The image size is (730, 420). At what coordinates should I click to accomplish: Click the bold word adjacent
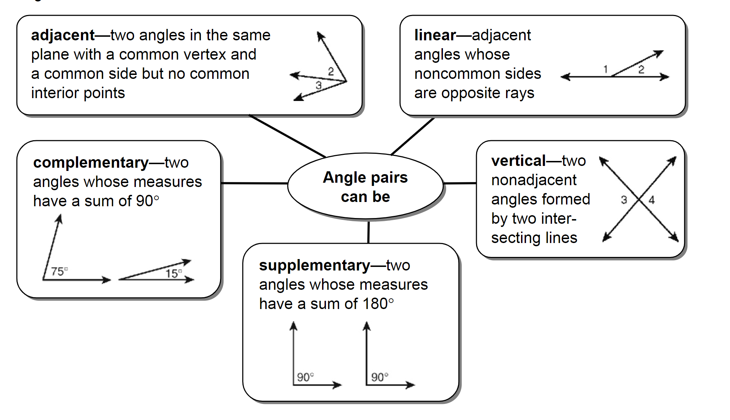click(x=63, y=35)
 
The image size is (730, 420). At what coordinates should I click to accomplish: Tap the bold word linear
click(x=435, y=35)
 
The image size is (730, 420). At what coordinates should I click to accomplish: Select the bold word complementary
click(x=91, y=163)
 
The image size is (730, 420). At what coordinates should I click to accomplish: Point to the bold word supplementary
click(x=314, y=265)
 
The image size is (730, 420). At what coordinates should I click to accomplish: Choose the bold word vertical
click(x=518, y=161)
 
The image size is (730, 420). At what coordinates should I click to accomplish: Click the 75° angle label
click(x=59, y=272)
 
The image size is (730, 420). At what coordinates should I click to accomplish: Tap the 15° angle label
click(x=174, y=273)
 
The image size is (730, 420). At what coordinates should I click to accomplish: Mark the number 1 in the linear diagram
click(x=605, y=69)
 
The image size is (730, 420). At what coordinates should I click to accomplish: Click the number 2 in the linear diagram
click(x=641, y=69)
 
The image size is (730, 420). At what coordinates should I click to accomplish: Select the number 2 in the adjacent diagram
click(x=331, y=71)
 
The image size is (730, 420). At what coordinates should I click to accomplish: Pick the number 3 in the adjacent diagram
click(x=318, y=85)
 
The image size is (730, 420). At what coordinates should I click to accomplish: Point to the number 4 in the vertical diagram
click(x=652, y=200)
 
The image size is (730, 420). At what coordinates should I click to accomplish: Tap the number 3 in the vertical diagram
click(x=624, y=200)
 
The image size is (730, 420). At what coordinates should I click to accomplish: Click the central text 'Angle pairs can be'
click(x=365, y=187)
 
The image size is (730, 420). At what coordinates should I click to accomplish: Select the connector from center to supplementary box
click(x=368, y=232)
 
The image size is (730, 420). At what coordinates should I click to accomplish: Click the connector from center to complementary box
click(x=254, y=183)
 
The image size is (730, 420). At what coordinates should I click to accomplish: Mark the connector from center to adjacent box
click(x=287, y=136)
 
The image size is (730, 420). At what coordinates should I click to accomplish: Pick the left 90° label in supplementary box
click(x=305, y=377)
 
